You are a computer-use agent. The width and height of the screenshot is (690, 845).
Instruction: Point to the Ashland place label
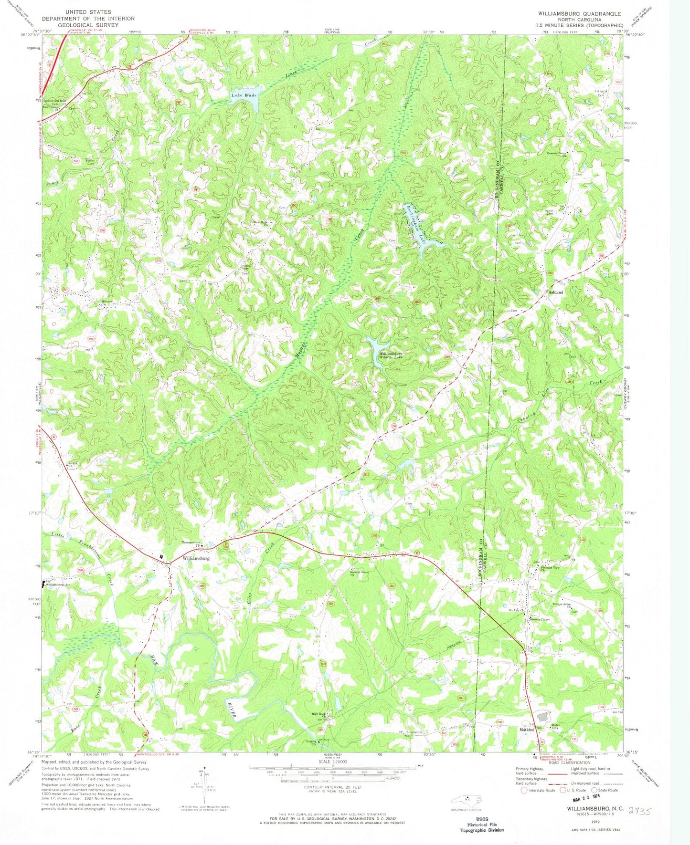[555, 292]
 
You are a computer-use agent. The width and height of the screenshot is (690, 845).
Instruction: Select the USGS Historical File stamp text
[481, 824]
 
